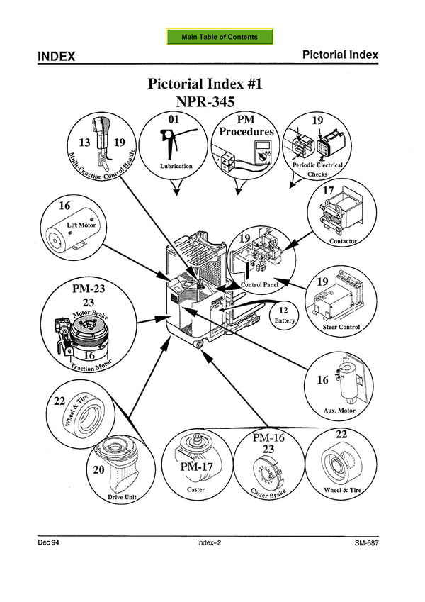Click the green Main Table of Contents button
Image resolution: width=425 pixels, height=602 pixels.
[x=219, y=37]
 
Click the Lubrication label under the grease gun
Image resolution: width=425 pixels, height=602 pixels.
[x=176, y=166]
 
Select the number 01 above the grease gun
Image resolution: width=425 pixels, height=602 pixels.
[x=174, y=121]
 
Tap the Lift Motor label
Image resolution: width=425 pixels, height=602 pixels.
[x=81, y=225]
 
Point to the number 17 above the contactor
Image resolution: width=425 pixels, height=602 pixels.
[x=328, y=191]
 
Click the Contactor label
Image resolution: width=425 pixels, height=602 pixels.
[x=344, y=241]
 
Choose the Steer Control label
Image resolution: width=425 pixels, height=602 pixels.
[x=341, y=328]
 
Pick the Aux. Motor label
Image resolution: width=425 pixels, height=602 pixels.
[x=339, y=411]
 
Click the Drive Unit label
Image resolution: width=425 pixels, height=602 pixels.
[x=121, y=497]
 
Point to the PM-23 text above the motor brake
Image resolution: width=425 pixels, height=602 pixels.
[x=89, y=289]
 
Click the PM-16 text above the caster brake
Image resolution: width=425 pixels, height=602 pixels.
[x=268, y=437]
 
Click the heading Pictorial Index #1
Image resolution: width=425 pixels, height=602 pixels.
[x=205, y=84]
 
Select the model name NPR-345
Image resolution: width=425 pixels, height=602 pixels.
[x=205, y=102]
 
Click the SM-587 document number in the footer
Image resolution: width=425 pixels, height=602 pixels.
[x=369, y=543]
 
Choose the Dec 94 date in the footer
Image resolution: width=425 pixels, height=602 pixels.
[x=49, y=543]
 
